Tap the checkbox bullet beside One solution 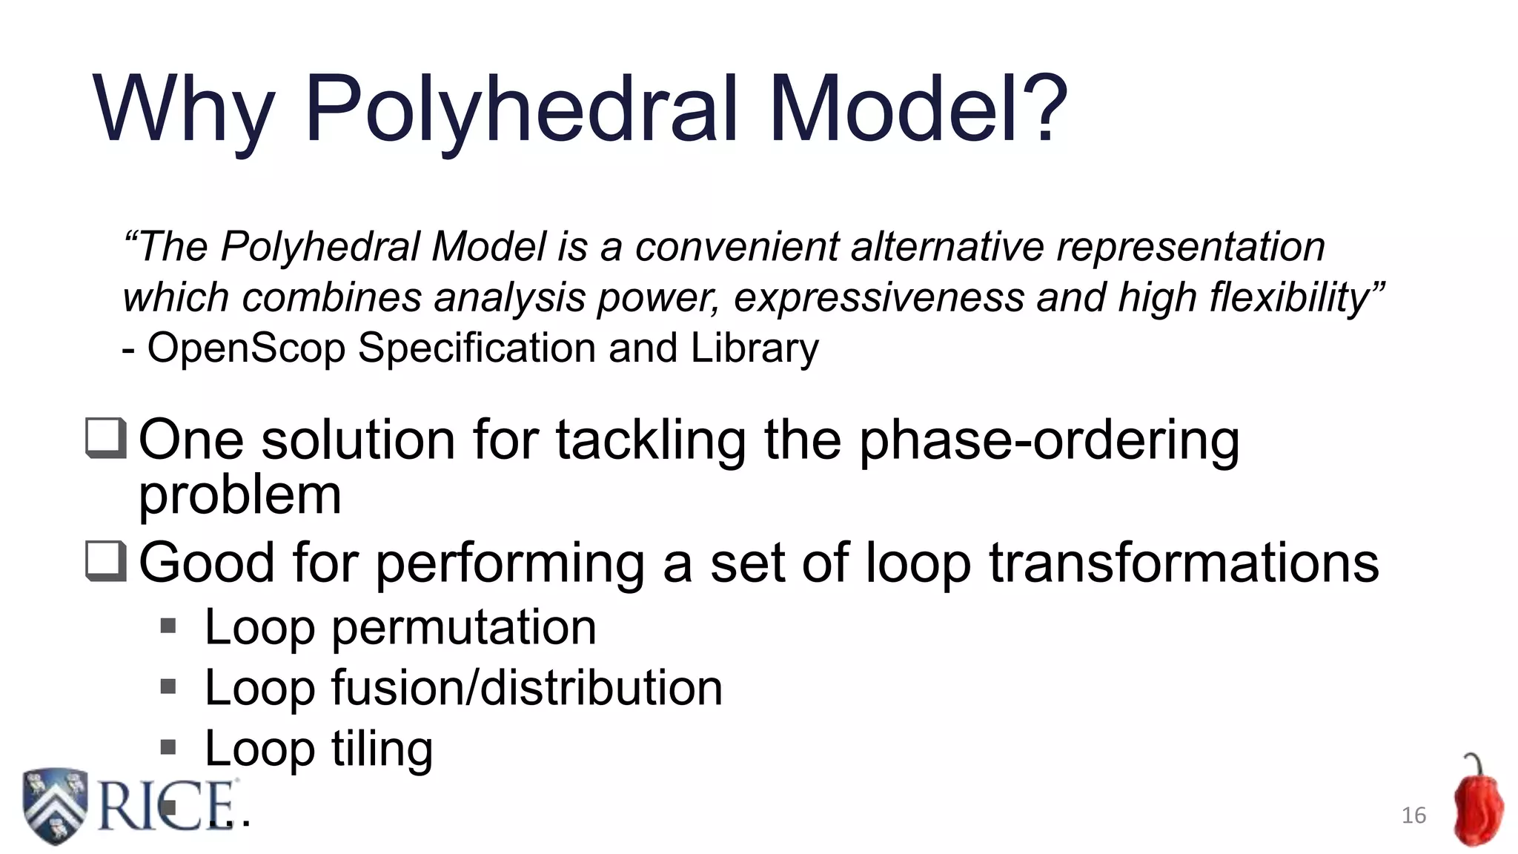coord(106,438)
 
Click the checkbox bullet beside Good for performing coord(106,561)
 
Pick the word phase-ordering coord(1049,440)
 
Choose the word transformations coord(1184,563)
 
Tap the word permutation coord(463,628)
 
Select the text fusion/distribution coord(526,688)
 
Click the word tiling coord(382,749)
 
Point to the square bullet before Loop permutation coord(168,627)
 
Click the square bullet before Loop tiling coord(168,747)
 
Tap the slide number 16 coord(1413,815)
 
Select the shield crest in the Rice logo coord(56,806)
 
